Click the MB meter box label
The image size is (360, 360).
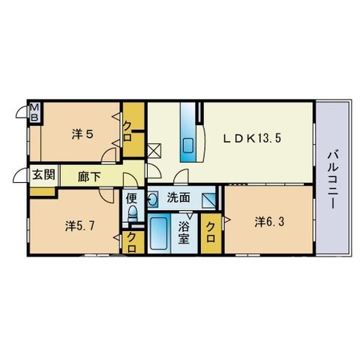tap(34, 112)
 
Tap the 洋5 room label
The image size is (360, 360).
tap(82, 134)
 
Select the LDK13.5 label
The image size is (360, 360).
tap(252, 138)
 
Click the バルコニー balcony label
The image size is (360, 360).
tap(333, 179)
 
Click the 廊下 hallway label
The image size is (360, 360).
tap(89, 176)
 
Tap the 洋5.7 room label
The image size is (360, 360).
tap(79, 226)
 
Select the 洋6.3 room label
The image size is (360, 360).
tap(269, 222)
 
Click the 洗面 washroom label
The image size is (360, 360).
tap(178, 198)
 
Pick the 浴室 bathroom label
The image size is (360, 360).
tap(184, 233)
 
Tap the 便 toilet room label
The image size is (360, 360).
tap(132, 199)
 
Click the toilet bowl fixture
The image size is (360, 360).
tap(133, 213)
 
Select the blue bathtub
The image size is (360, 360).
tap(159, 232)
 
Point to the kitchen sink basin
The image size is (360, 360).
tap(189, 145)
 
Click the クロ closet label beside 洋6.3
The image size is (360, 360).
tap(211, 232)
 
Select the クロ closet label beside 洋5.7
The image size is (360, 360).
tap(132, 242)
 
